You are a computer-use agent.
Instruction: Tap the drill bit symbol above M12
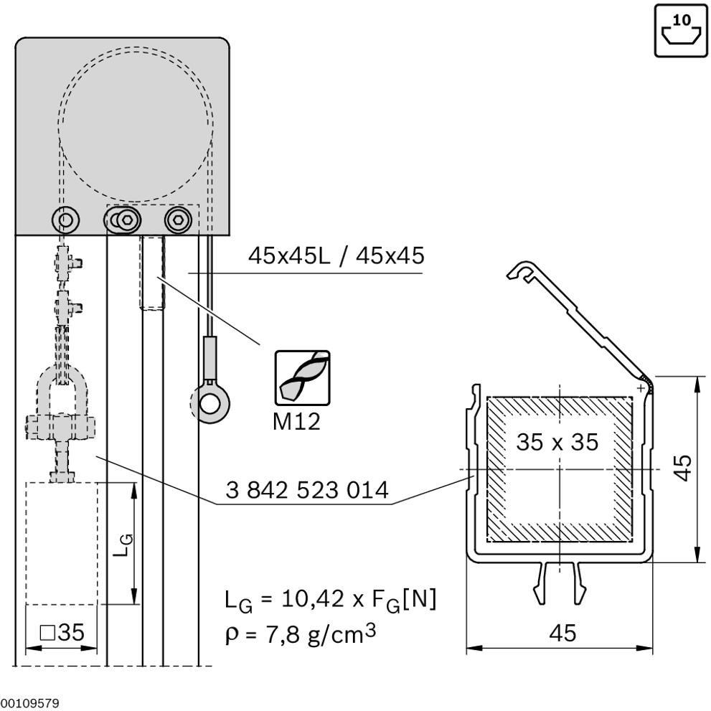pos(303,377)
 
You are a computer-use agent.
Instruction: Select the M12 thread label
pos(296,420)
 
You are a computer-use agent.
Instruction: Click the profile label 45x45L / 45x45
pos(336,255)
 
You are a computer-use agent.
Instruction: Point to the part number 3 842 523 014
pos(307,491)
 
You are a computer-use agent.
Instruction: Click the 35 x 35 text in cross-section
pos(557,442)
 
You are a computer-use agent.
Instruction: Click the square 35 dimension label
pos(62,632)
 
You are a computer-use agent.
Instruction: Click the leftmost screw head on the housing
pos(67,218)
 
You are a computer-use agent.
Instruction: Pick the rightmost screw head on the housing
pos(176,218)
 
